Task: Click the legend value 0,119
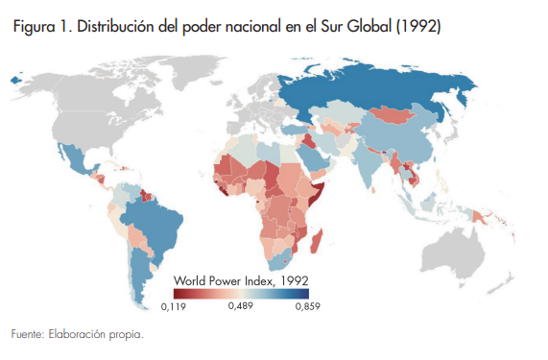173,306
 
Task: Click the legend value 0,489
240,306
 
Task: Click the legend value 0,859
306,306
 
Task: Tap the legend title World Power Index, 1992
240,279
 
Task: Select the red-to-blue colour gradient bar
240,293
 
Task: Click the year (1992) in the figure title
417,27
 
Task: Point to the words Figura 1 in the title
39,27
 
